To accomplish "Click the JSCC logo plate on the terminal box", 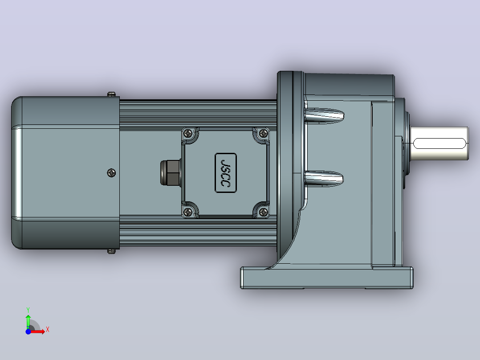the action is tap(226, 173).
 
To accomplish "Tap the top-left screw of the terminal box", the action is tap(188, 133).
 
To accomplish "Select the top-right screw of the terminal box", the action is tap(263, 133).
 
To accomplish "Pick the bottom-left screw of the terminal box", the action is tap(188, 212).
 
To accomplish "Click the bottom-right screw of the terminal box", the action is tap(263, 212).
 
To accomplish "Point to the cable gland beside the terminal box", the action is tap(171, 172).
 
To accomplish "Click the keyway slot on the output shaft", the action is tap(439, 143).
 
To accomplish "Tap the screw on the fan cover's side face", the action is tap(111, 173).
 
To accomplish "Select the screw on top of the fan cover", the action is tap(111, 94).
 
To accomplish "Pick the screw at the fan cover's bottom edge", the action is tap(111, 252).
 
